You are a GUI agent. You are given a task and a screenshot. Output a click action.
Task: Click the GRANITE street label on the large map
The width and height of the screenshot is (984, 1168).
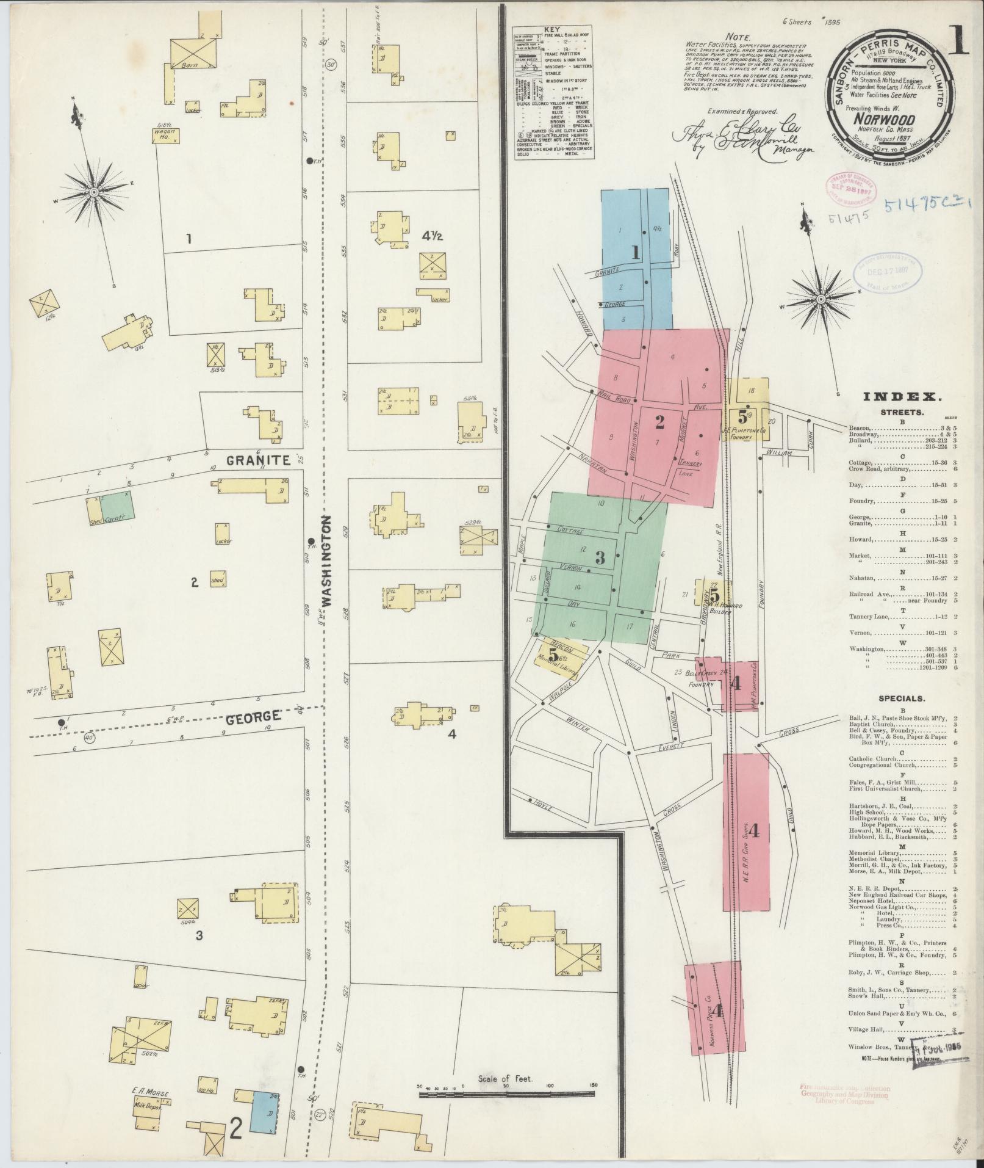tap(258, 461)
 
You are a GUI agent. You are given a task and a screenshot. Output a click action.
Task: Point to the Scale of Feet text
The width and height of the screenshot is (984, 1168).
tap(506, 1079)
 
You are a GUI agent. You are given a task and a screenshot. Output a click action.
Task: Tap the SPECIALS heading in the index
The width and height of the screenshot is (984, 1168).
tap(901, 698)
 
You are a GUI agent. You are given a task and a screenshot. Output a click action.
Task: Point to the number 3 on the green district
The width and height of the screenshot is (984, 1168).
tap(600, 557)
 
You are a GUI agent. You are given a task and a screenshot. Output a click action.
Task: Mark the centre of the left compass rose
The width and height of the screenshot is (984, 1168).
tap(94, 192)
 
